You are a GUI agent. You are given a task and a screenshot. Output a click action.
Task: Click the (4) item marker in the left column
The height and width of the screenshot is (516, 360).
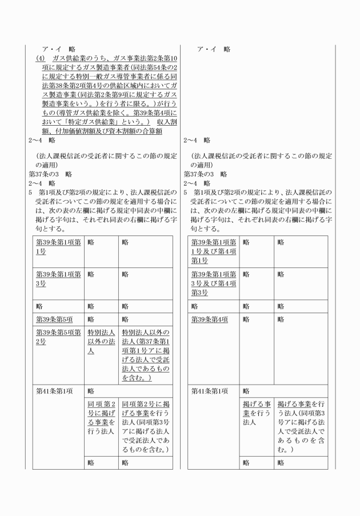pyautogui.click(x=40, y=58)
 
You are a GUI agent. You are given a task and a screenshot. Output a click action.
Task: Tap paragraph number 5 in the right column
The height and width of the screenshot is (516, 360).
pyautogui.click(x=185, y=191)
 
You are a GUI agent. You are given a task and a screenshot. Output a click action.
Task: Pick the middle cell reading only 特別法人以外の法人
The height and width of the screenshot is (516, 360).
pyautogui.click(x=101, y=341)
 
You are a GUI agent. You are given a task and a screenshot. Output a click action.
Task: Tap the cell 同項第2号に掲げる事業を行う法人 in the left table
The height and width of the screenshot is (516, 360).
pyautogui.click(x=101, y=418)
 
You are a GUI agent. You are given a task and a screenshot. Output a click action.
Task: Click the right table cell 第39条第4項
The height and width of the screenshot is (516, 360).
pyautogui.click(x=210, y=319)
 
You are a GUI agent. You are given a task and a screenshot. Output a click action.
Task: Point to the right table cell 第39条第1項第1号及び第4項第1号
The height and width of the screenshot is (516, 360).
pyautogui.click(x=213, y=251)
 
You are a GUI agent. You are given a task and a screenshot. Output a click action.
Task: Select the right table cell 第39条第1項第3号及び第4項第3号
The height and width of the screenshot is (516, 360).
pyautogui.click(x=213, y=283)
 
